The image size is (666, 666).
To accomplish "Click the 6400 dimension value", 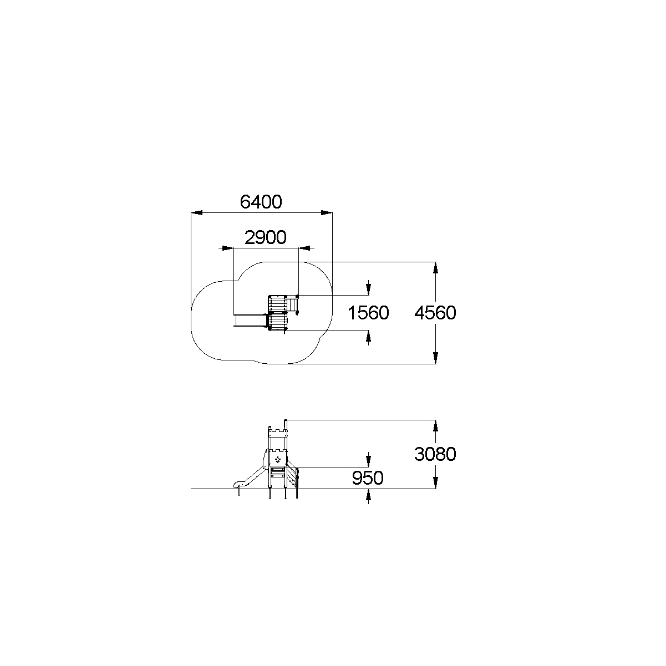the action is (261, 202).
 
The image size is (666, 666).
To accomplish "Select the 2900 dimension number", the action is (266, 237).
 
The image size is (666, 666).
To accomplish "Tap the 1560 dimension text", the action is (368, 313).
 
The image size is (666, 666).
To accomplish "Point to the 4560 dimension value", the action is (435, 313).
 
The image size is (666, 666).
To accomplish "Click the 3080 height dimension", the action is (435, 454).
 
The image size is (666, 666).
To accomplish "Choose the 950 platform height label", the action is (368, 478).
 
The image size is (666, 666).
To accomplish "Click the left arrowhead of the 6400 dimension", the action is (197, 212).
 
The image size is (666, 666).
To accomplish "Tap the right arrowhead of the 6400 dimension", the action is (327, 212).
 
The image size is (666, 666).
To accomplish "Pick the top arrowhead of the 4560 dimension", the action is (435, 268).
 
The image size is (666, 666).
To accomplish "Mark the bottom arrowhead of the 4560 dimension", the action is (435, 358).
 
